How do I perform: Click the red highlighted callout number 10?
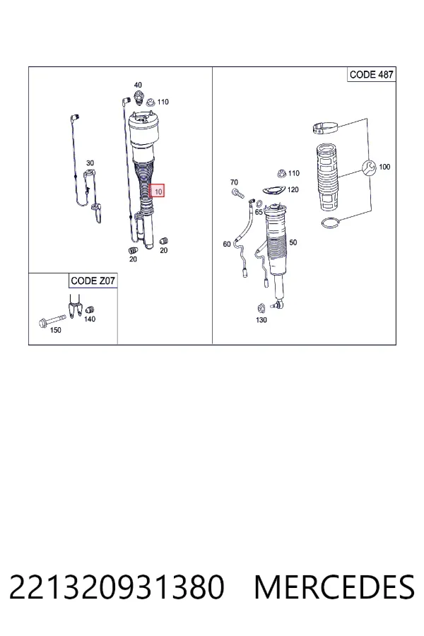(157, 191)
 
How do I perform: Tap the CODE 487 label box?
(371, 75)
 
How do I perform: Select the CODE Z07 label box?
(93, 281)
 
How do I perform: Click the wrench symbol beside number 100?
(369, 167)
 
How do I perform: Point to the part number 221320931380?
(117, 587)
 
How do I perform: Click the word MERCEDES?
(334, 587)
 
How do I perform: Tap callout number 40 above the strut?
(138, 85)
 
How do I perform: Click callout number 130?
(261, 320)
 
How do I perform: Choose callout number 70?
(234, 182)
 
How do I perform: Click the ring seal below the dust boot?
(330, 223)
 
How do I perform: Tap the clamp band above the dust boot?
(324, 129)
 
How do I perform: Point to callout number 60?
(227, 244)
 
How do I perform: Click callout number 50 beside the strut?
(293, 242)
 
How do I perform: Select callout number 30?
(90, 163)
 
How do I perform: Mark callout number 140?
(90, 319)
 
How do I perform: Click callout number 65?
(259, 212)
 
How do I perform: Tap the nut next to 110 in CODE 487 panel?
(281, 174)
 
